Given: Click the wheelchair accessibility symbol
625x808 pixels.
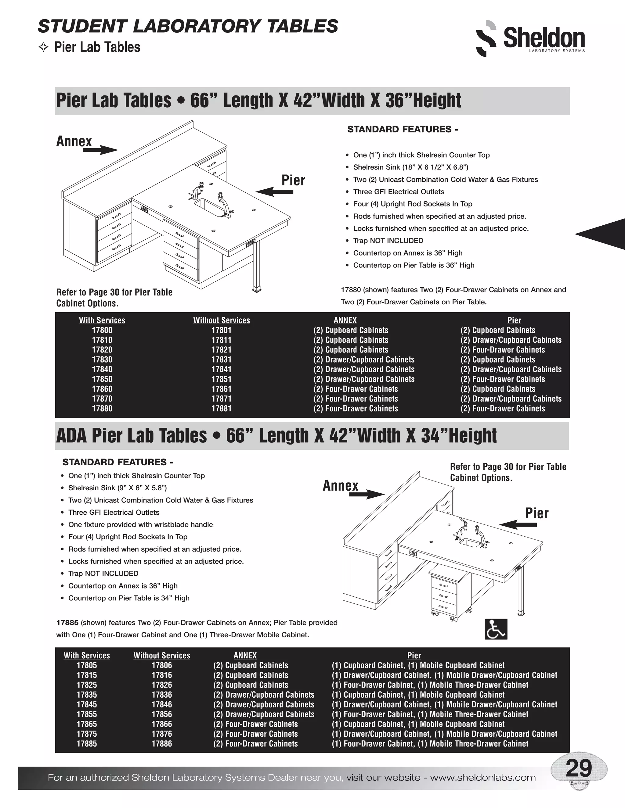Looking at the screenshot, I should point(496,629).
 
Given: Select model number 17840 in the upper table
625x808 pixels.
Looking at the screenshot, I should point(102,369).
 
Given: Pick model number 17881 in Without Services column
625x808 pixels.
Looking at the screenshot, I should point(221,409).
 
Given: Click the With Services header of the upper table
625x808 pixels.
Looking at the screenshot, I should point(102,320).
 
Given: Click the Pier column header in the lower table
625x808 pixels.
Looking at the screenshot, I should point(414,655).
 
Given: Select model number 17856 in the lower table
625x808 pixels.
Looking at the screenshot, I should point(161,714).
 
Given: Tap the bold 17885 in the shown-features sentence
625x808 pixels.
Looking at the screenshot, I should point(67,622).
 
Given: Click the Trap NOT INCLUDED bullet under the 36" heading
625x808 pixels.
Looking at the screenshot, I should point(388,241).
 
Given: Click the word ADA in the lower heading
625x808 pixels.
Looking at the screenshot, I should point(72,436).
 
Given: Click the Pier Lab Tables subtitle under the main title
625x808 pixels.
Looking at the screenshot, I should point(97,47).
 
